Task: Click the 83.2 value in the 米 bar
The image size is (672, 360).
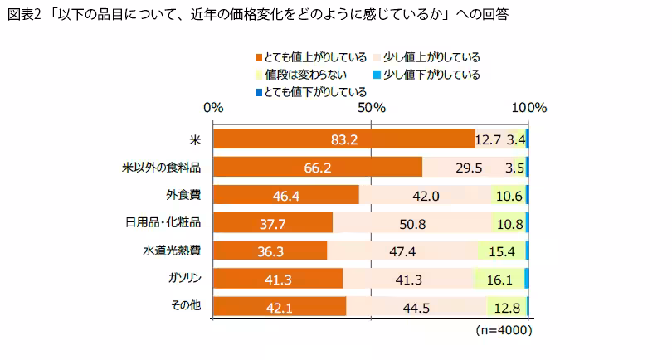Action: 343,139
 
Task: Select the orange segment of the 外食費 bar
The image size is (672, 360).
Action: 286,195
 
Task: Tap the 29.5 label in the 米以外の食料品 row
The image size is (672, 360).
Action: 469,168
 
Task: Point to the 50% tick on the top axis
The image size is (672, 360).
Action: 370,108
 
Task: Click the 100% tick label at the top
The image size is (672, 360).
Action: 528,108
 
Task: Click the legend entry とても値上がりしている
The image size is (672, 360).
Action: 310,57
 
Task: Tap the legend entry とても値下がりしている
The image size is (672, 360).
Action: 310,91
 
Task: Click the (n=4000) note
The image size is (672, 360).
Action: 504,330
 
